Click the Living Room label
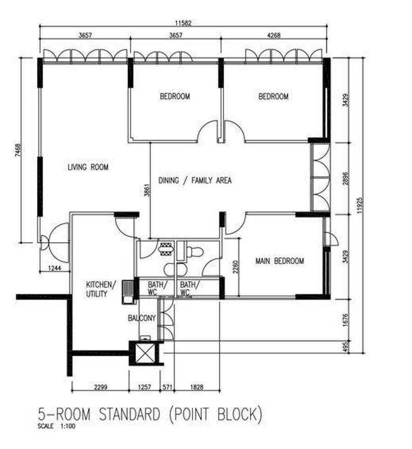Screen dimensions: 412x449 pos(88,167)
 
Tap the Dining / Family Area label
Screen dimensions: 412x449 pos(195,181)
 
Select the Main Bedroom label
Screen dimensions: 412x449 pos(280,261)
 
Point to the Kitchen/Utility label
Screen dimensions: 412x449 pos(101,289)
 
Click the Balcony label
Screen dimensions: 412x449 pos(141,318)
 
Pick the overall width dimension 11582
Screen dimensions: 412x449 pos(183,23)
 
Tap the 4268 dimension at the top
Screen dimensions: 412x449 pos(274,35)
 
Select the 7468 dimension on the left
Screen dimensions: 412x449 pos(18,150)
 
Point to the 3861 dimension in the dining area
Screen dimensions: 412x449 pos(147,190)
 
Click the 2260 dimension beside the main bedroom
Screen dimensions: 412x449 pos(235,267)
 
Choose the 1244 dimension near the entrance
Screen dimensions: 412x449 pos(54,268)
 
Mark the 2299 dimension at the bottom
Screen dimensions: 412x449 pos(101,387)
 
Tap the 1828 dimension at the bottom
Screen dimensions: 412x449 pos(196,387)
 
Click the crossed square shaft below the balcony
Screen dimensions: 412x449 pos(145,353)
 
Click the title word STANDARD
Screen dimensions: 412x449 pos(129,415)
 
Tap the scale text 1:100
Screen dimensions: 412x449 pos(68,426)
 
